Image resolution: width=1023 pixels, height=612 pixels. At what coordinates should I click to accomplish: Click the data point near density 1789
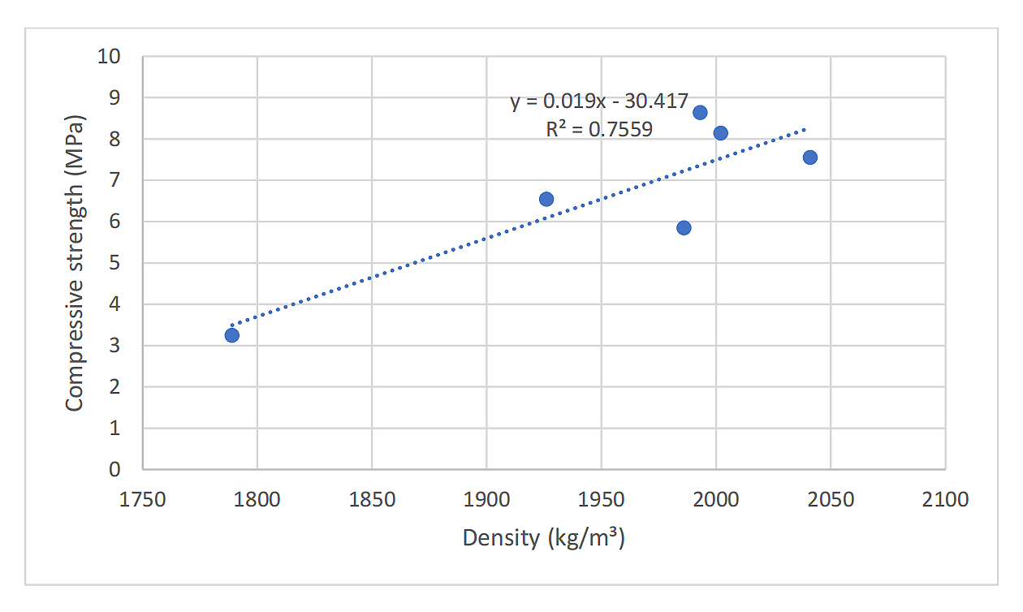232,335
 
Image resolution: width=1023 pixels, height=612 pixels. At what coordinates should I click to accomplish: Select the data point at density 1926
546,199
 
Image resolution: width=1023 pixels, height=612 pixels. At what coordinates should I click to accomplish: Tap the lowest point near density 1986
684,228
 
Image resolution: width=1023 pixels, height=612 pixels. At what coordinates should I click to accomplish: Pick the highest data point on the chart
700,112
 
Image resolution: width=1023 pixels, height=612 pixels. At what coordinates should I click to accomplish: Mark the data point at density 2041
809,157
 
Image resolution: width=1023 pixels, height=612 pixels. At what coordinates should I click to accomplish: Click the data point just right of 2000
720,133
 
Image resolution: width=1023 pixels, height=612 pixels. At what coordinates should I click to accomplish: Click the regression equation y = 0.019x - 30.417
599,102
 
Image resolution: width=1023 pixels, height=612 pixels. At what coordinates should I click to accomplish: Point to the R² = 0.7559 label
599,129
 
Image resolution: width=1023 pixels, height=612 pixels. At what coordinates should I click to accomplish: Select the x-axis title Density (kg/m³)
543,537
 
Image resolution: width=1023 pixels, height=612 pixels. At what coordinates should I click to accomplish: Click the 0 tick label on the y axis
114,469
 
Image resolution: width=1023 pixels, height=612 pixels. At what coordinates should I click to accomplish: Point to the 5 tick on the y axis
114,263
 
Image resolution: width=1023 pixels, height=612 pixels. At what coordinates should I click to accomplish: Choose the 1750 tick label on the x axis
143,498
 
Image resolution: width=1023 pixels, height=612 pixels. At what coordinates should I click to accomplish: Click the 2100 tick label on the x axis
945,498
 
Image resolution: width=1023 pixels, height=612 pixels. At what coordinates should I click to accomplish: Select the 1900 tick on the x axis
486,498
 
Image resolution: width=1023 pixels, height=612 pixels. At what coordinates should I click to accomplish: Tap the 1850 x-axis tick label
372,498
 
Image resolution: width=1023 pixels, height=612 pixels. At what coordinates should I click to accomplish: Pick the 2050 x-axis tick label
831,498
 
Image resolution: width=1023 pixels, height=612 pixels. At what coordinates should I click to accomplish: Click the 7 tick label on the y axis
114,180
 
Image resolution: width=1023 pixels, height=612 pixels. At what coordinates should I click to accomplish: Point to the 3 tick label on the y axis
114,346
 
